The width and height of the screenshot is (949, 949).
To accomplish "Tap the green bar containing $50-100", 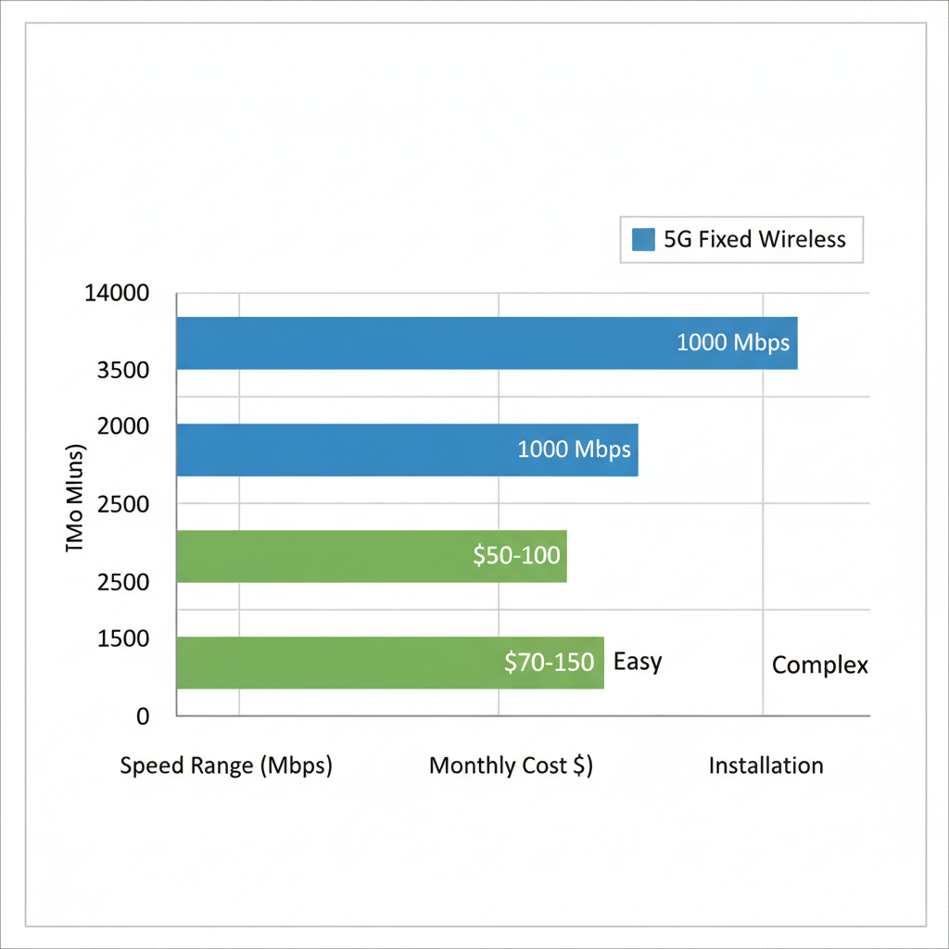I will (324, 556).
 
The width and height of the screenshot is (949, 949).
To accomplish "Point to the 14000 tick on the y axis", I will (116, 294).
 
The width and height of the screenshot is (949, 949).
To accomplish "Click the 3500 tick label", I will (123, 371).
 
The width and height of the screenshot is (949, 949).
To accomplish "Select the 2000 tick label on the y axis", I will (123, 427).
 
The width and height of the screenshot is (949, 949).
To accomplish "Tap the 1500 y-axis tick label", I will (123, 639).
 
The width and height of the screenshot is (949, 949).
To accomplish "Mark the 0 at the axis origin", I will (143, 716).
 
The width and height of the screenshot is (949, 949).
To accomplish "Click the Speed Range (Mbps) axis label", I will (226, 766).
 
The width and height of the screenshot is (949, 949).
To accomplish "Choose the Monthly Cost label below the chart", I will (511, 766).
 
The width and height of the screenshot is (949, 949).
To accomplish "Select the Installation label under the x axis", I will (766, 766).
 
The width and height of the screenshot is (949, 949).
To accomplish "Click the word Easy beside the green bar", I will (638, 662).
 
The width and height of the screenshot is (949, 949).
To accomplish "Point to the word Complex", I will (819, 665).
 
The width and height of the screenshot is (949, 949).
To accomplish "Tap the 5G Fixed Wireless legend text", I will (754, 239).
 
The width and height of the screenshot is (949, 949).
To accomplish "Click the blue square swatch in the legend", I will (643, 240).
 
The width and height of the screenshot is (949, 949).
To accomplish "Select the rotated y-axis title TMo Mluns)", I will (76, 500).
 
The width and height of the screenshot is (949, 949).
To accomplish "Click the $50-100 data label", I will (516, 556).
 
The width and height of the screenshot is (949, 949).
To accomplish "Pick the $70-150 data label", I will (549, 663).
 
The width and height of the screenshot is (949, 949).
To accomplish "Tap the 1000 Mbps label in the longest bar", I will (732, 343).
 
